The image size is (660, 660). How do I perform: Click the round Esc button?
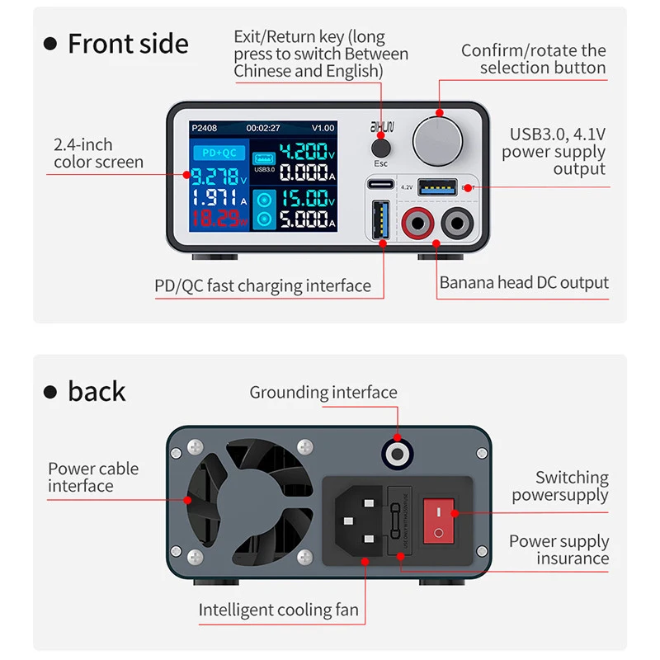[x=380, y=148]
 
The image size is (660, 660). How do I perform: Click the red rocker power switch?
[x=440, y=521]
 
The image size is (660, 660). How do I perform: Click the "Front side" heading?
[x=128, y=44]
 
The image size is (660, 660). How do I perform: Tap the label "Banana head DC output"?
[x=524, y=282]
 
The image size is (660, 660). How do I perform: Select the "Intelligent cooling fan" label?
[x=279, y=610]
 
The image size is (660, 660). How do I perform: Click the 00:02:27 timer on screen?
[x=263, y=128]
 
